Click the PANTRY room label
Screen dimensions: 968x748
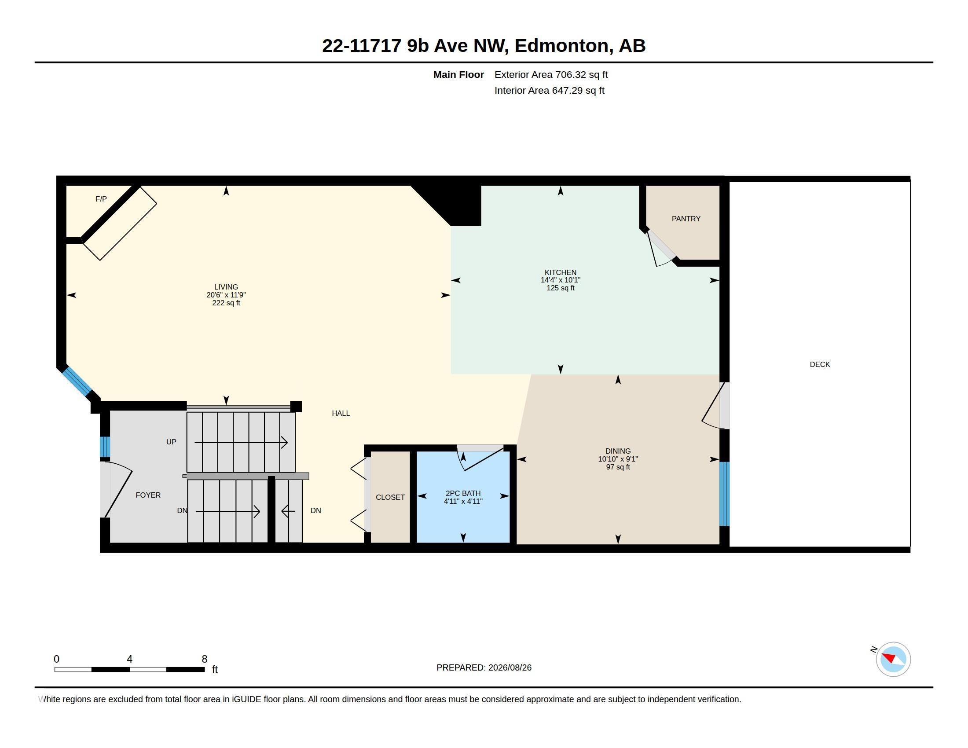point(686,219)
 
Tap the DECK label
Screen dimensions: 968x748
point(820,364)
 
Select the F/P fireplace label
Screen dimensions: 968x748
point(101,199)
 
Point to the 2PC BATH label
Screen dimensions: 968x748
point(463,493)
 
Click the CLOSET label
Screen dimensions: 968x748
point(390,497)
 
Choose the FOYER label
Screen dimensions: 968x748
point(148,495)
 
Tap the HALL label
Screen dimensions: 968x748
point(341,413)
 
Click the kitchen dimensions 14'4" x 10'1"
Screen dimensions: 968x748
point(560,280)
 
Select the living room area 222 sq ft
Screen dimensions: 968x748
point(226,303)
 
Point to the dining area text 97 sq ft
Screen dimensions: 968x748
point(618,467)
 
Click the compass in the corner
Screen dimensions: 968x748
point(893,659)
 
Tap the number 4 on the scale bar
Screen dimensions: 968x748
point(129,659)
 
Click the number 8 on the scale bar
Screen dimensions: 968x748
point(204,659)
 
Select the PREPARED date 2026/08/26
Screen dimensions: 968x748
point(510,667)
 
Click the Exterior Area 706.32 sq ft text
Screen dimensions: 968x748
point(551,74)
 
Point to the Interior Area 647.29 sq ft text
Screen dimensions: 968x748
point(549,90)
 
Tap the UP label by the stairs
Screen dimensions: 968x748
point(171,442)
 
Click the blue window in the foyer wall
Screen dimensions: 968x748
point(105,447)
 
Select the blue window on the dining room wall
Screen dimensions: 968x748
point(724,494)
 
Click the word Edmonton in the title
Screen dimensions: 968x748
point(561,46)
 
